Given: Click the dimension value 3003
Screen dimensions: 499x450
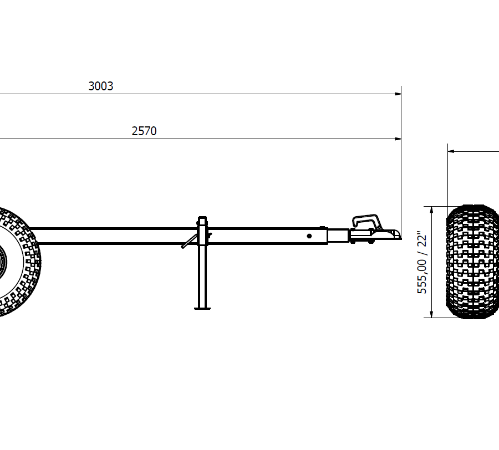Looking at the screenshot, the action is click(x=100, y=86).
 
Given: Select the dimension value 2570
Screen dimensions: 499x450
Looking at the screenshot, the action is click(x=144, y=131).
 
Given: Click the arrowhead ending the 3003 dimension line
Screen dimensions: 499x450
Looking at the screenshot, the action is click(x=398, y=94).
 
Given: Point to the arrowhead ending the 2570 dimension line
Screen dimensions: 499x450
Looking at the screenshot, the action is click(x=398, y=139).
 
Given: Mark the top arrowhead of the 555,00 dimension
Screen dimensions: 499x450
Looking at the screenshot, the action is click(x=431, y=210).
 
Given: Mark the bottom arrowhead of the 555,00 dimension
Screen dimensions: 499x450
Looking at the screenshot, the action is click(x=431, y=314).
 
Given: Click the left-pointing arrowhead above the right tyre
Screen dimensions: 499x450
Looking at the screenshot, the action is click(x=451, y=151).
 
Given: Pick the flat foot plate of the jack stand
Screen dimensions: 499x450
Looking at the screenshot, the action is click(x=202, y=308).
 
